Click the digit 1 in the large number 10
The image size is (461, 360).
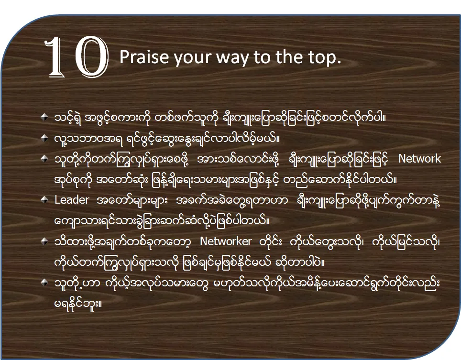[x=56, y=57]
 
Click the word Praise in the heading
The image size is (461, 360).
[x=144, y=57]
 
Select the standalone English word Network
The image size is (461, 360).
[x=419, y=159]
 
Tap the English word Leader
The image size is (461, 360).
[x=72, y=200]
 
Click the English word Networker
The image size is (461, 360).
[x=226, y=241]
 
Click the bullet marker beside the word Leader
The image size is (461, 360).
[x=44, y=200]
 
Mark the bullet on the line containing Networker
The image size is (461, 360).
[x=44, y=241]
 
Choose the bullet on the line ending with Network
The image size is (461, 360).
[x=44, y=159]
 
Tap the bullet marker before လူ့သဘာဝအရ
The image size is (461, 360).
[x=44, y=138]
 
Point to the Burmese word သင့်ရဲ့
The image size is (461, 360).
[x=67, y=118]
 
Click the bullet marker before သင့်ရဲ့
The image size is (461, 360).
[x=44, y=117]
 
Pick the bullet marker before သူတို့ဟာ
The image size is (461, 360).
[x=44, y=283]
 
